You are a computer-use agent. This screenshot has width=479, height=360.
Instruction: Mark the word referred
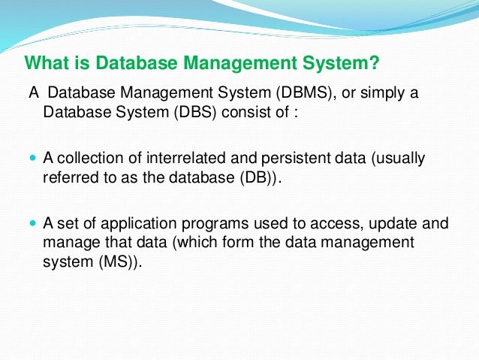tap(65, 178)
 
